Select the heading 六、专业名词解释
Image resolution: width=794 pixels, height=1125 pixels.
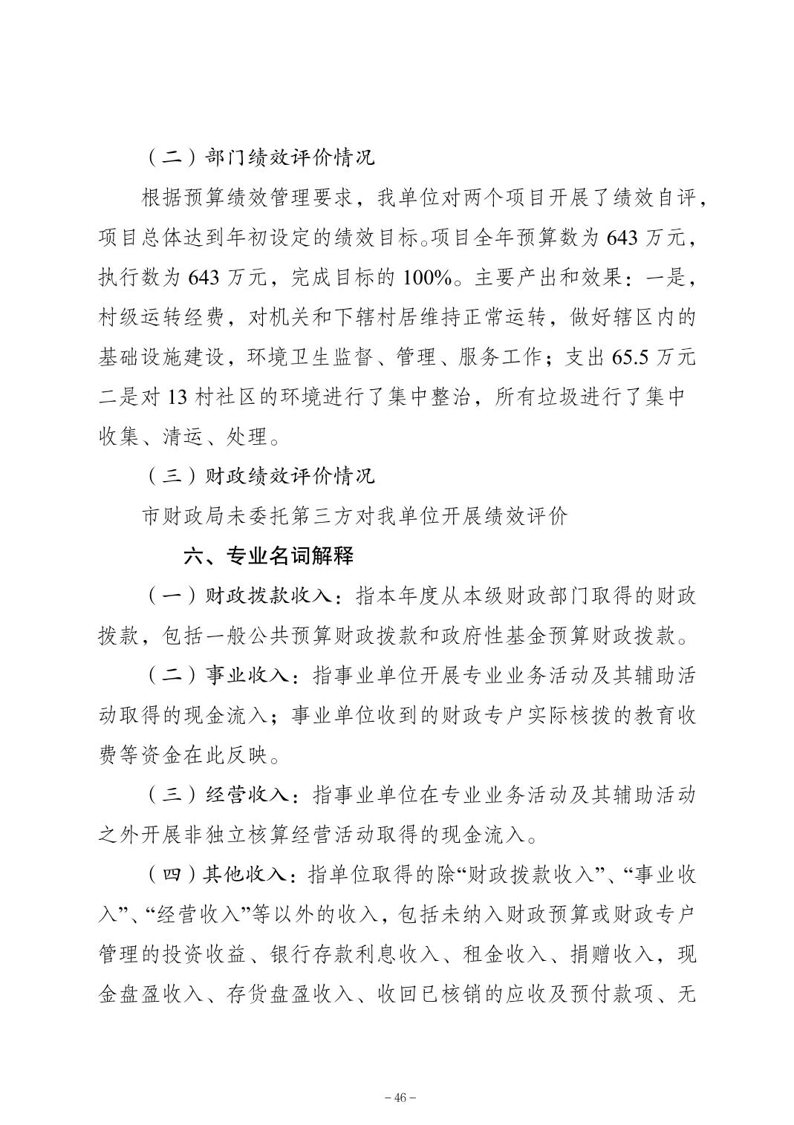[269, 555]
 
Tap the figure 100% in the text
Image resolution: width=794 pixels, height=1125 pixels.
[427, 278]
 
